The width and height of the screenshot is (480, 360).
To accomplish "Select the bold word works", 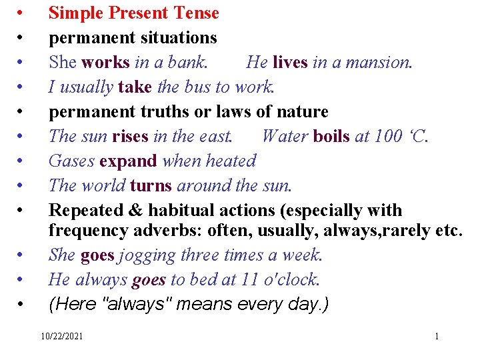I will click(x=105, y=62).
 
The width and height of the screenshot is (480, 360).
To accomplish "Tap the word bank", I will click(x=189, y=62).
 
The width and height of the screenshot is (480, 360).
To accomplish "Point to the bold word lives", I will click(x=289, y=62).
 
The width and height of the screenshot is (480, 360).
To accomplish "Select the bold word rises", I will click(x=130, y=136).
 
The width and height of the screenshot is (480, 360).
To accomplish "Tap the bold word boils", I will click(x=331, y=136).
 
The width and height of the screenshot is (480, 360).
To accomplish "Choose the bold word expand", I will click(x=128, y=161).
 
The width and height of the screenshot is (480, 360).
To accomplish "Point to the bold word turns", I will click(x=151, y=185).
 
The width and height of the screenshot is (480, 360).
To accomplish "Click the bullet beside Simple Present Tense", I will click(x=22, y=13).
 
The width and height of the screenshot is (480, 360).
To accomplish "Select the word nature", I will click(x=301, y=111).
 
